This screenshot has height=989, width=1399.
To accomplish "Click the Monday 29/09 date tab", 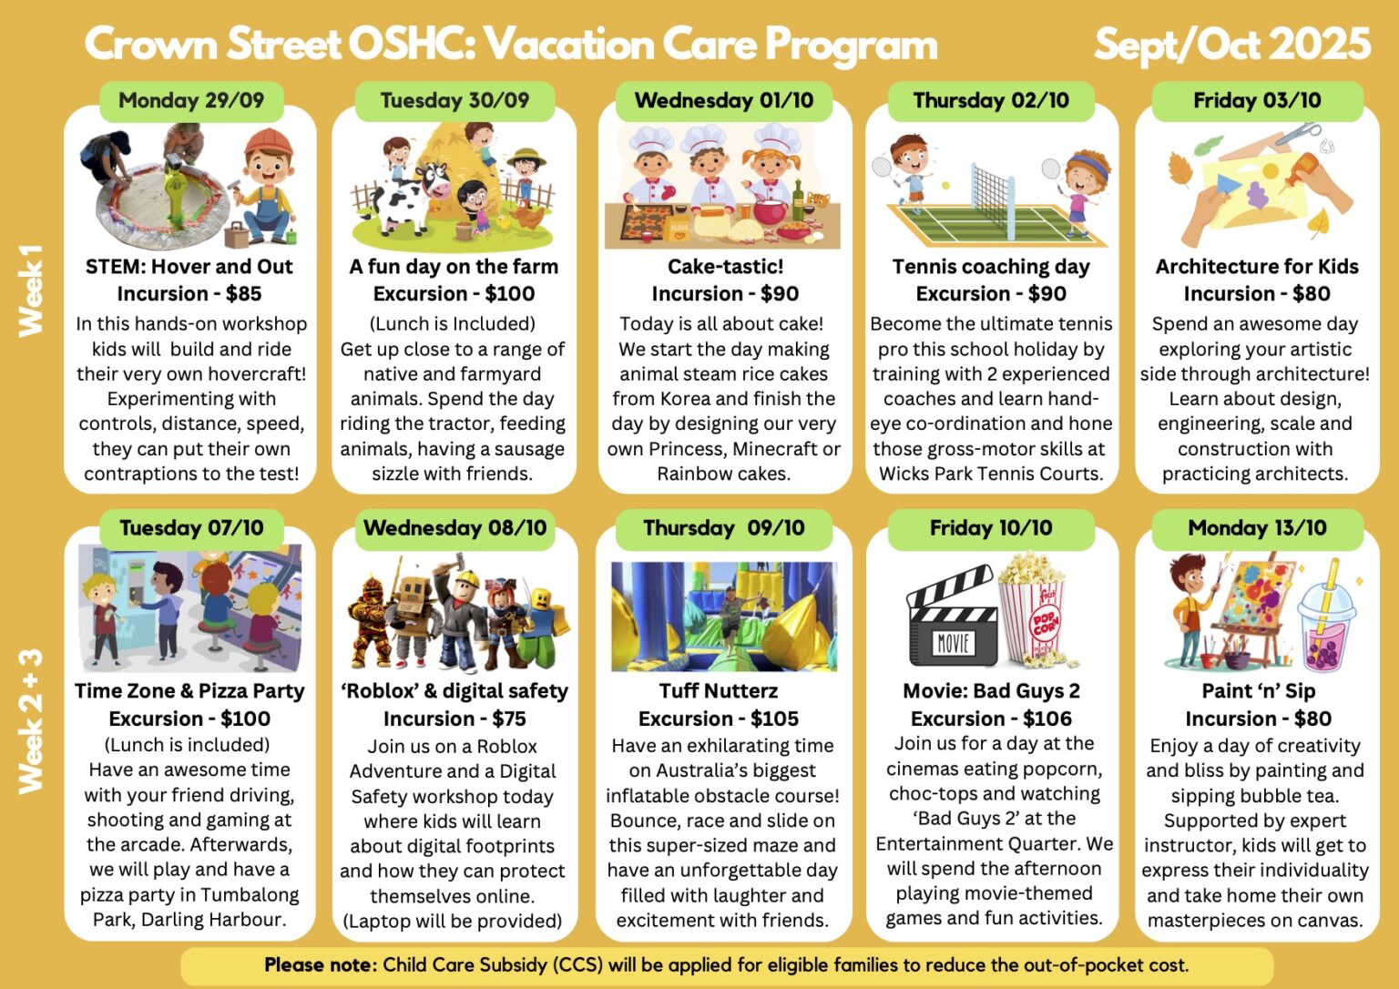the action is point(191,100).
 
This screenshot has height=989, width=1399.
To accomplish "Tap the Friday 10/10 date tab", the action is point(991,528).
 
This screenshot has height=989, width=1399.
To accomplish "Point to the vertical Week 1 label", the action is point(31,291).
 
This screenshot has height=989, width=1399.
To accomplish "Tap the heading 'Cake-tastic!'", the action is point(725,267).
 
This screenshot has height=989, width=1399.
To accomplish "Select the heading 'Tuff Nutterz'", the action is point(719,691).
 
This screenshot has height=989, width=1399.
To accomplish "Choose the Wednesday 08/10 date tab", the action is point(454,528).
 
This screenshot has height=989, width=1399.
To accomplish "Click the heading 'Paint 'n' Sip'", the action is point(1259,691).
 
